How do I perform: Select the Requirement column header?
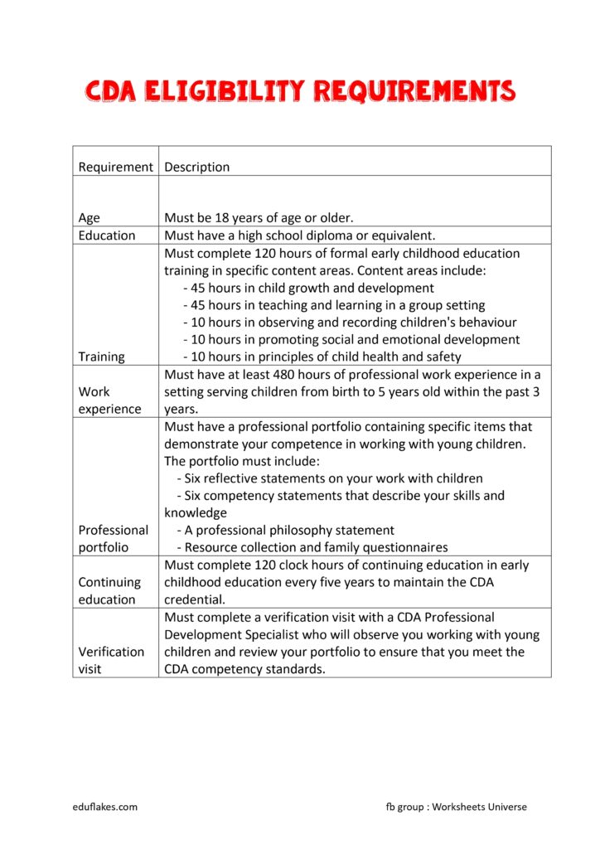tap(115, 167)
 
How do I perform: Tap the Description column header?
tap(197, 167)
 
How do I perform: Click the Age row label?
tap(89, 218)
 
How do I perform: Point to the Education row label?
tap(107, 235)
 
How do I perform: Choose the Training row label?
tap(101, 357)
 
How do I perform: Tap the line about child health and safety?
tap(322, 357)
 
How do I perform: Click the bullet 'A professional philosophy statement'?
tap(285, 530)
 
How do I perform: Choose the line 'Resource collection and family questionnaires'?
tap(312, 547)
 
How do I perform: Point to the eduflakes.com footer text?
tap(104, 807)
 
